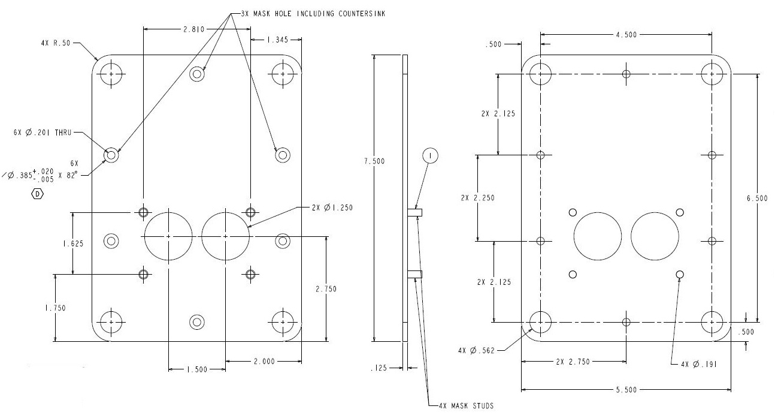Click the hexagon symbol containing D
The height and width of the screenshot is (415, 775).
[x=37, y=194]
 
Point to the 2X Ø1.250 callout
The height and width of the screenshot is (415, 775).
[x=332, y=207]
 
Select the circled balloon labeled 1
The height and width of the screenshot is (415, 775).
[x=430, y=156]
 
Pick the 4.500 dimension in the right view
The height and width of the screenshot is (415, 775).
[x=626, y=34]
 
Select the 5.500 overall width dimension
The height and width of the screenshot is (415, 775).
[x=625, y=389]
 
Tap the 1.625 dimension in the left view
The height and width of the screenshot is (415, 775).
[x=73, y=243]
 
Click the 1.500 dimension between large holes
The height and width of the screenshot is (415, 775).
[x=196, y=369]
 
